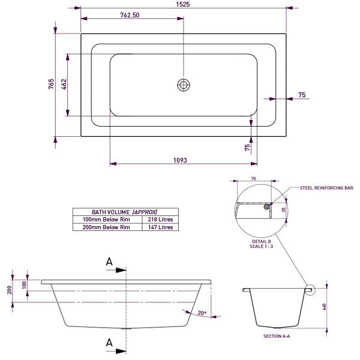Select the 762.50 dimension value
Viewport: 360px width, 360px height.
tap(130, 16)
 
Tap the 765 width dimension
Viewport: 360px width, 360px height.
tap(52, 84)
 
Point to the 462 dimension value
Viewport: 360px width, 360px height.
tap(64, 85)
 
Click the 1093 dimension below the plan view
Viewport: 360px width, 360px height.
tap(181, 160)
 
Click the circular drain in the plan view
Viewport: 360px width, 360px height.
tap(183, 85)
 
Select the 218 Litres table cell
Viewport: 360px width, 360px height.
tap(160, 220)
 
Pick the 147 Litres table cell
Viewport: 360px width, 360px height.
tap(160, 227)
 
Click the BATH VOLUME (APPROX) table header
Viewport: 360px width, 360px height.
tap(124, 212)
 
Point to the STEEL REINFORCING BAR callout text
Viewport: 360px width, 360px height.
tap(326, 188)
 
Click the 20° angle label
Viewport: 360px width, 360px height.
tap(202, 313)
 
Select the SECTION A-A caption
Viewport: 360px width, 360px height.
tap(277, 337)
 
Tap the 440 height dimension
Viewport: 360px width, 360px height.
tap(325, 307)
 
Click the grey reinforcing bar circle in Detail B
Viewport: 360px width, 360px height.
tap(266, 206)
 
